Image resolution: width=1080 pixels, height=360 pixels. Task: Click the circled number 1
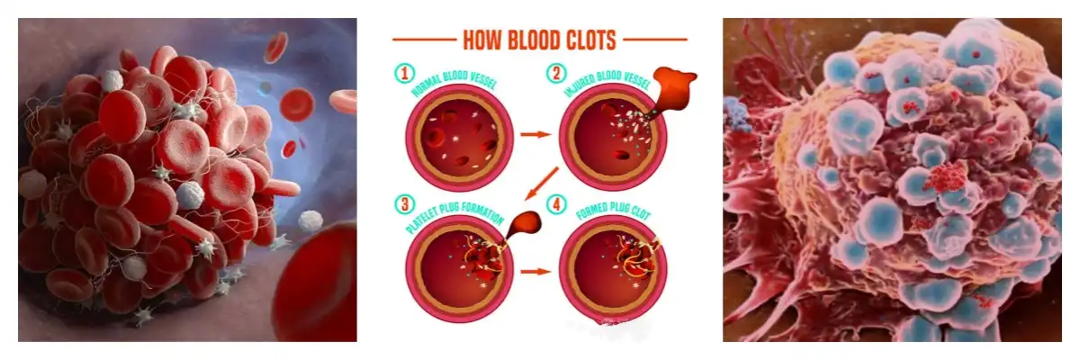pos(404,73)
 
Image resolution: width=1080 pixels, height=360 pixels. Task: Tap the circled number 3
pos(404,204)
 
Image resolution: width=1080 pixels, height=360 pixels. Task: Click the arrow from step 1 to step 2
pos(535,135)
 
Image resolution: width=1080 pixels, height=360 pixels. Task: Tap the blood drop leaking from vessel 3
pos(520,225)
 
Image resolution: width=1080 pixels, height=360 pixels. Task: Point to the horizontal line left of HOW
pos(423,40)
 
